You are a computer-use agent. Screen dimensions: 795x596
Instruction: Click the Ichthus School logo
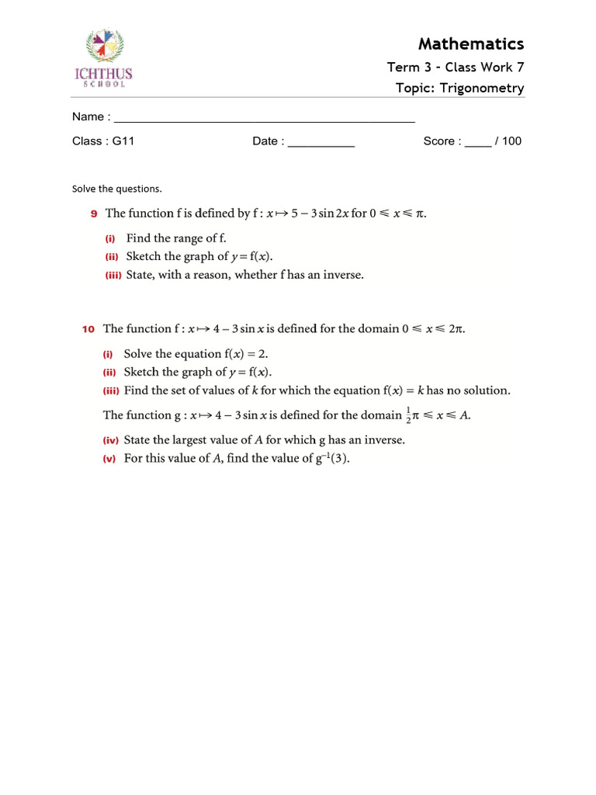[103, 58]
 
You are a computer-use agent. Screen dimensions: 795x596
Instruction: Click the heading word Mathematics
[471, 43]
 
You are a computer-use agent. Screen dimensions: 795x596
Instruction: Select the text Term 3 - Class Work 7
[456, 68]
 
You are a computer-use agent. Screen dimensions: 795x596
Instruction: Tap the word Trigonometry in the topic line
[482, 88]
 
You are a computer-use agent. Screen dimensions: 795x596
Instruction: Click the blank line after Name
[264, 118]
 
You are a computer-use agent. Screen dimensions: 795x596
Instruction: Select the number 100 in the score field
[511, 141]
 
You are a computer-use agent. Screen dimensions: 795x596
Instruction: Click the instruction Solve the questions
[117, 189]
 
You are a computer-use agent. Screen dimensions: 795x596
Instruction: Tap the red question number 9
[94, 214]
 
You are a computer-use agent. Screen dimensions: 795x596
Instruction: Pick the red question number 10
[88, 329]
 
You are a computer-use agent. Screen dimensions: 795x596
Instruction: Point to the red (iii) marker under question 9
[113, 275]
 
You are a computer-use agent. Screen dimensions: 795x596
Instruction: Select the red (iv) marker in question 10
[111, 440]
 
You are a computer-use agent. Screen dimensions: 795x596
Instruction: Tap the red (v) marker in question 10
[109, 459]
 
